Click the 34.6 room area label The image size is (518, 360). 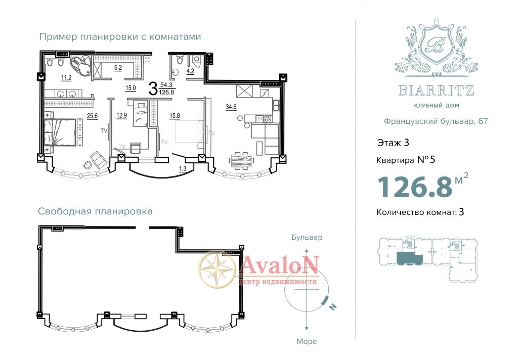coord(231,107)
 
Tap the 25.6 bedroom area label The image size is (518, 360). coord(92,116)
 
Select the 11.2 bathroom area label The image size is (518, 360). coord(66,78)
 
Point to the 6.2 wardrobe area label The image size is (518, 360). coord(118,68)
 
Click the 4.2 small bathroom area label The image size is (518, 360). coord(190,71)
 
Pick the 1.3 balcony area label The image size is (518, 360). coord(182,169)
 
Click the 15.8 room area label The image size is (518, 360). coord(175,116)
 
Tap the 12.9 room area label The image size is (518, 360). coord(121,116)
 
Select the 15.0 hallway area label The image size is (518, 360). coord(131,88)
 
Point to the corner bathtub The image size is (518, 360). coord(81,65)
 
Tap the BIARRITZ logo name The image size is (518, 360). coord(437,90)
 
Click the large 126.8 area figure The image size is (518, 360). coord(415,187)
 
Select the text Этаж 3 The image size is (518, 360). coord(393,143)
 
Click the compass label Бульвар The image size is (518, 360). coord(307,238)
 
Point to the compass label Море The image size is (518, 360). coord(307,341)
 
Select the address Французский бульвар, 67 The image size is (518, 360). coord(436,121)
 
